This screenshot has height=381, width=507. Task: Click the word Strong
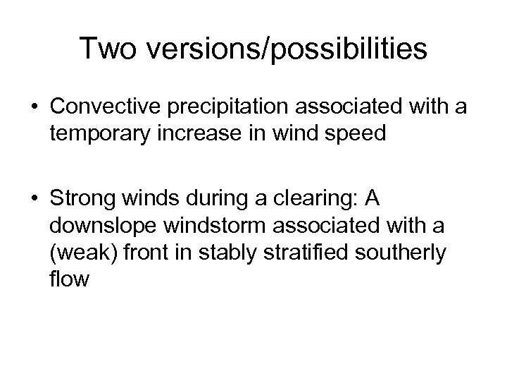[x=77, y=200]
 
